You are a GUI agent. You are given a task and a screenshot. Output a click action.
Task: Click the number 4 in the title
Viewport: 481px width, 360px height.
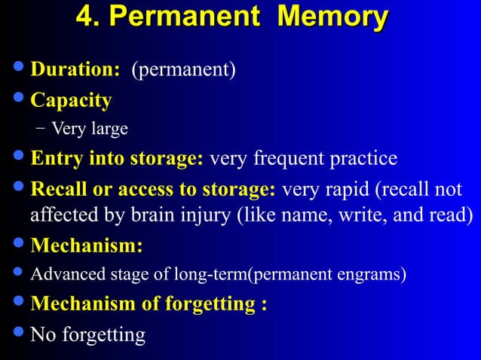[85, 17]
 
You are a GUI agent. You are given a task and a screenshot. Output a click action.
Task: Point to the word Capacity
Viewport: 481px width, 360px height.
[71, 100]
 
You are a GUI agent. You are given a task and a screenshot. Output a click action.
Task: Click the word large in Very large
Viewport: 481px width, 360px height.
[110, 130]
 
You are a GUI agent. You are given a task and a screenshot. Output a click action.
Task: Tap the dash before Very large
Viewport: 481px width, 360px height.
[40, 129]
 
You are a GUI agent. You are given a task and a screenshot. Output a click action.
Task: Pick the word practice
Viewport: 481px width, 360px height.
[366, 159]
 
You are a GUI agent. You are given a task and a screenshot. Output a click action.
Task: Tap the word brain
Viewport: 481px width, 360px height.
[161, 215]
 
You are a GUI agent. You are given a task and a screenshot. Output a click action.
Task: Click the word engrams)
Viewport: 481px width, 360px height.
[375, 275]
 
